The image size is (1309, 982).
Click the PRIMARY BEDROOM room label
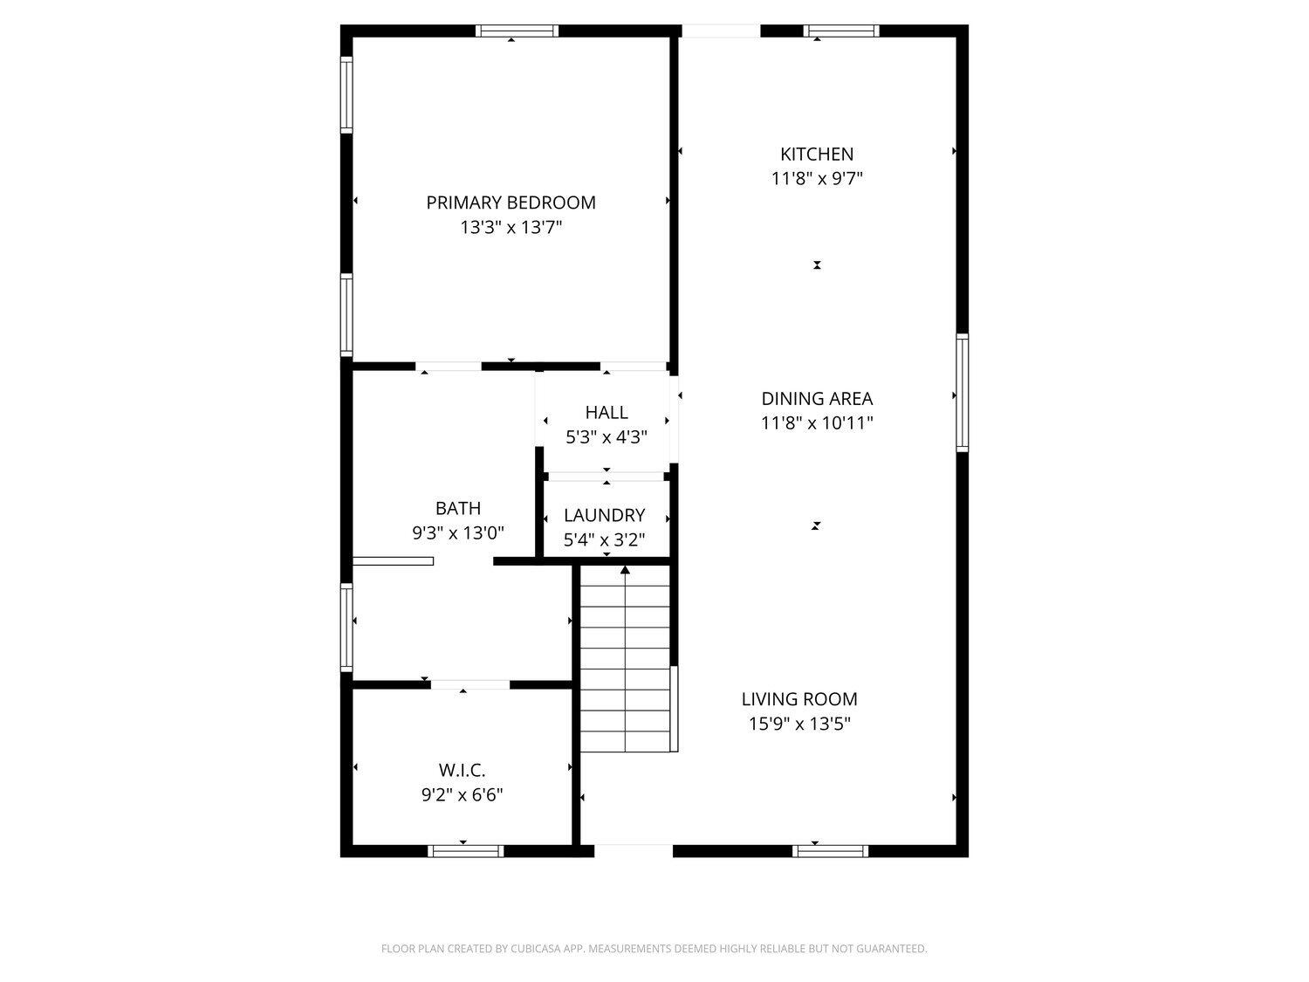(511, 203)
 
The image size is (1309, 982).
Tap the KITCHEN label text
(817, 155)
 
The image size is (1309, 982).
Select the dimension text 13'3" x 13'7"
(511, 227)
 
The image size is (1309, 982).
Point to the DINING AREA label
(817, 398)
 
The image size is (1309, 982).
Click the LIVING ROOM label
(799, 699)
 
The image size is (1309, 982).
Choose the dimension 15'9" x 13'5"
(799, 724)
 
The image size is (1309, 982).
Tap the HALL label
(606, 413)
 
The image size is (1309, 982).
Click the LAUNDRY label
(604, 515)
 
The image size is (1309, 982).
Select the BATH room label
(457, 508)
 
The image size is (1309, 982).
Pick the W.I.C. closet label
(462, 771)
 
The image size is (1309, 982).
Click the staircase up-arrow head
(625, 570)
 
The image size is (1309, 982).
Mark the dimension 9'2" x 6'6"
(462, 795)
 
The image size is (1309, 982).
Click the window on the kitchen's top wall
(841, 31)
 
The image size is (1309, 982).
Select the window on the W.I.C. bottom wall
(465, 851)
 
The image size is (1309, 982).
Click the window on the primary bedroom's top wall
(517, 31)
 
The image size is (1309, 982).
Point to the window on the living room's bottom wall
(830, 851)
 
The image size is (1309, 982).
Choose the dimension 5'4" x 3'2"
(604, 539)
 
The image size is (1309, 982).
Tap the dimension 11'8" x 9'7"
(817, 178)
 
